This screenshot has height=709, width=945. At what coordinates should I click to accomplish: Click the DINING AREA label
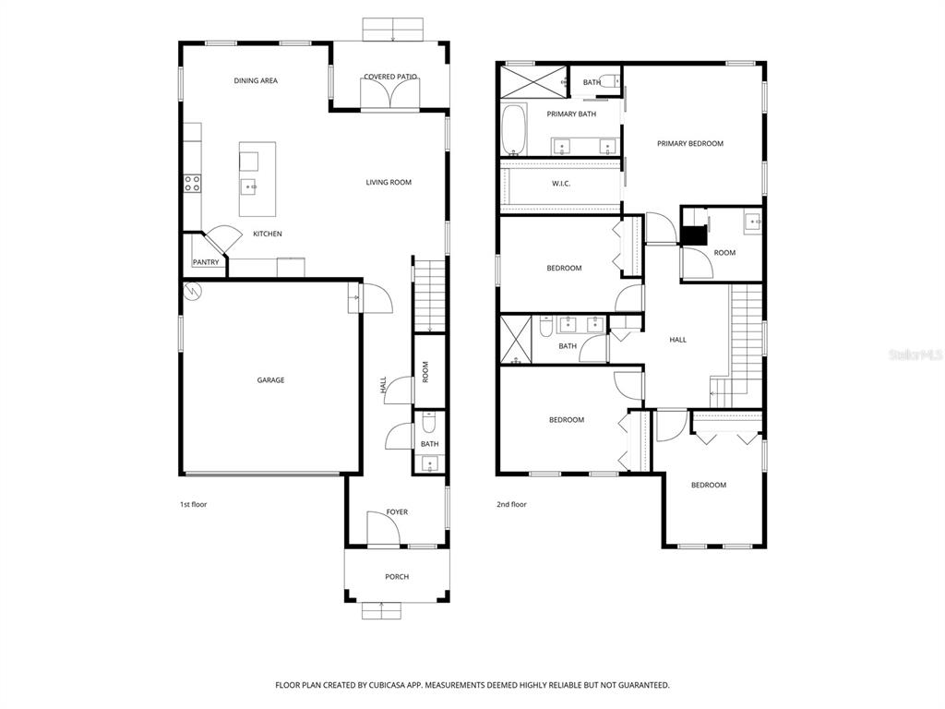click(256, 81)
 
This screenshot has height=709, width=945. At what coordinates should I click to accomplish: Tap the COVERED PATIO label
click(390, 78)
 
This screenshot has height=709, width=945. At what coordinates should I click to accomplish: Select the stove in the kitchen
click(192, 183)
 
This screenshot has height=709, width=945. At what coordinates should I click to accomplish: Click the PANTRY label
click(206, 262)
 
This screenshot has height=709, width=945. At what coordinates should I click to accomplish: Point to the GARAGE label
click(270, 380)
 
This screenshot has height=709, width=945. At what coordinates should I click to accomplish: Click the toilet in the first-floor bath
click(429, 423)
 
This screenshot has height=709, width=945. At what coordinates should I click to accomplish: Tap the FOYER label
click(397, 512)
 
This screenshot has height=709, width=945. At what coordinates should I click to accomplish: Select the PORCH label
click(397, 577)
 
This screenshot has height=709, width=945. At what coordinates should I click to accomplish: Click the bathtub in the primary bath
click(513, 130)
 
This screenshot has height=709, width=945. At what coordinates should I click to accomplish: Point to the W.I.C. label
click(561, 184)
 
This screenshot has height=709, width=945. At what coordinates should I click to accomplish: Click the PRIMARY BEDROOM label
click(690, 144)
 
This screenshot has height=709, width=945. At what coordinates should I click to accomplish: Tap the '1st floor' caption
click(192, 505)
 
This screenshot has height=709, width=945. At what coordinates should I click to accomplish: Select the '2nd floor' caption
click(511, 505)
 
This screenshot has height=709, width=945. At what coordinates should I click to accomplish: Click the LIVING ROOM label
click(389, 183)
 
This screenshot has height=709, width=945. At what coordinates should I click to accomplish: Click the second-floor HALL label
click(678, 341)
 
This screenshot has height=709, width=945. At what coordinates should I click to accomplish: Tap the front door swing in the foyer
click(381, 529)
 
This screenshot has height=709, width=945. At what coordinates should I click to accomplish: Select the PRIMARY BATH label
click(571, 114)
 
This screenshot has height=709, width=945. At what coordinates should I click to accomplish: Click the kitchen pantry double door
click(221, 239)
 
